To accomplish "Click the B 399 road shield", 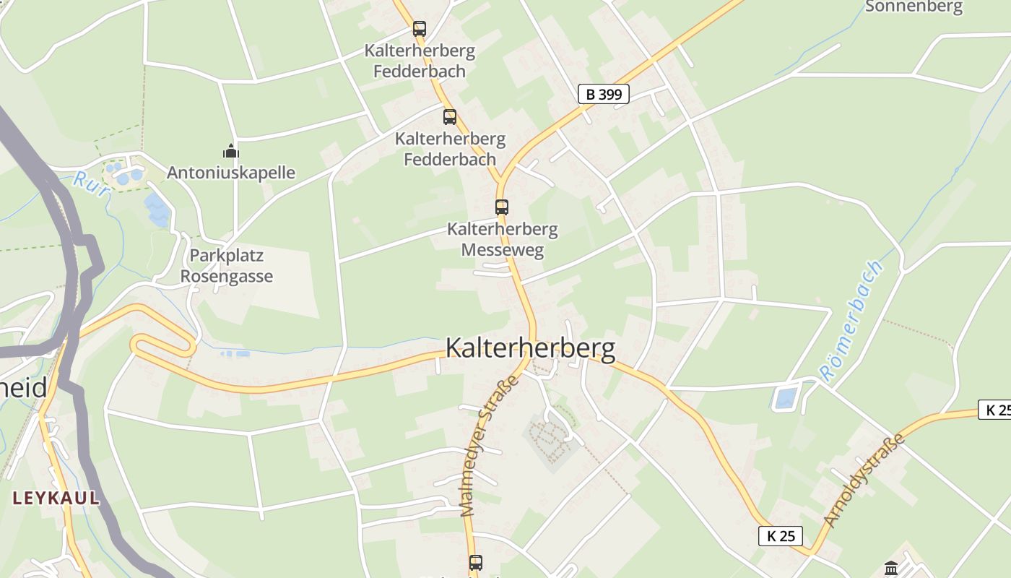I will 603,94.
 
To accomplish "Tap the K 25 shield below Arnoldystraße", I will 781,536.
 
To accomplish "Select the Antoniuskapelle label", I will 231,173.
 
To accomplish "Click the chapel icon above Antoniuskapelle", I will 231,151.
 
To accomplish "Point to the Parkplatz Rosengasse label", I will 227,266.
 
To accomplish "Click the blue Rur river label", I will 91,184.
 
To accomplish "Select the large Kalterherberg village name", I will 531,348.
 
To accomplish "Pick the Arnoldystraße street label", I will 864,480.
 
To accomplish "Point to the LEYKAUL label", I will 56,498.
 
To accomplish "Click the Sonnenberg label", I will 914,7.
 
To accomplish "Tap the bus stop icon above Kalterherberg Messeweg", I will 502,207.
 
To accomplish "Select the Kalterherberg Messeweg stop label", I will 503,240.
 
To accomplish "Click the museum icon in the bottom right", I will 890,569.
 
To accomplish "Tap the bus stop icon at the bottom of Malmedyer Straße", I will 475,562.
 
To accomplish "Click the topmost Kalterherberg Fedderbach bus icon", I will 419,29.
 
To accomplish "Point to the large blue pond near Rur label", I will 157,209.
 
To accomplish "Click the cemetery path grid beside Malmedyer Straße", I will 551,437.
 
